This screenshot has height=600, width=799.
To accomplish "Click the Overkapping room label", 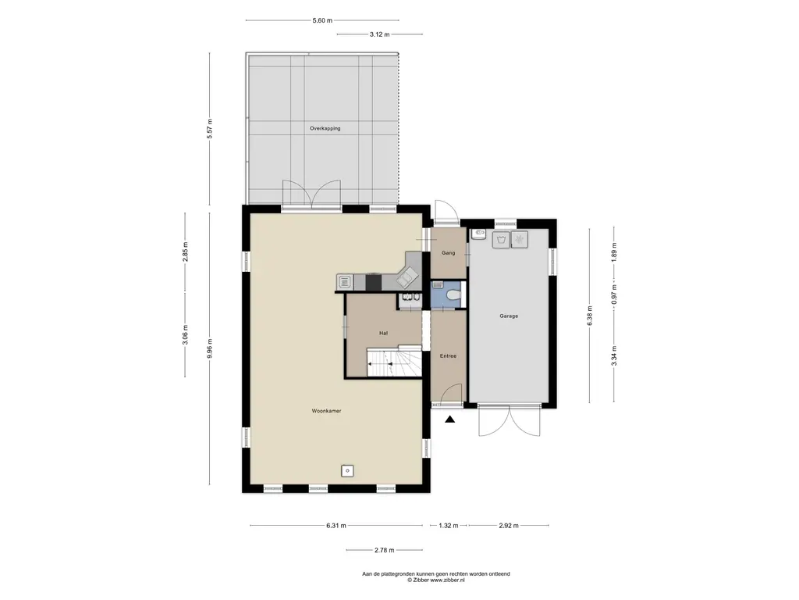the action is [x=325, y=129].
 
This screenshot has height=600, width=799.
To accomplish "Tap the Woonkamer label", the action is [x=327, y=411].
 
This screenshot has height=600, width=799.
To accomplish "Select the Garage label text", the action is [x=509, y=316].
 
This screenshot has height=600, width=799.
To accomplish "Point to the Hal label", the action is [x=383, y=333].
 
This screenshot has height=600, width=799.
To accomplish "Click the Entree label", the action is [x=448, y=356].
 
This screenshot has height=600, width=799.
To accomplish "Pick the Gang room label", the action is [x=449, y=253].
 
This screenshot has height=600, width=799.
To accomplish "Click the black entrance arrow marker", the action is [x=449, y=420].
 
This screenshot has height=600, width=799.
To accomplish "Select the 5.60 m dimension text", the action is [x=322, y=21].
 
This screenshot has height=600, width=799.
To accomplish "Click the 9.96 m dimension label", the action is [x=210, y=348].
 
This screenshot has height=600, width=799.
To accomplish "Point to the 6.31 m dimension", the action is [x=336, y=526].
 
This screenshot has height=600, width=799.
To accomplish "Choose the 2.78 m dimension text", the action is [x=384, y=551].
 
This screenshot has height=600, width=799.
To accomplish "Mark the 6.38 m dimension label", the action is [x=590, y=316].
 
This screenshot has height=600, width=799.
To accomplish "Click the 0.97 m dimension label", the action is [x=615, y=295].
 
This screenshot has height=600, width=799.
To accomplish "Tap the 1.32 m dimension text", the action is [x=449, y=526].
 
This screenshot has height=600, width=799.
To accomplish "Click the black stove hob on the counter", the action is [x=374, y=283].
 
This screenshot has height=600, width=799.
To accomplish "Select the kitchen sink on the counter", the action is [x=344, y=282].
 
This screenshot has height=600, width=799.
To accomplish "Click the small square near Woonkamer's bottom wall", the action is [x=347, y=471].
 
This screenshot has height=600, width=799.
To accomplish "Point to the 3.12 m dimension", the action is [x=379, y=34].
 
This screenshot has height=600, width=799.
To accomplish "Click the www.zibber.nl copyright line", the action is [x=435, y=580].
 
